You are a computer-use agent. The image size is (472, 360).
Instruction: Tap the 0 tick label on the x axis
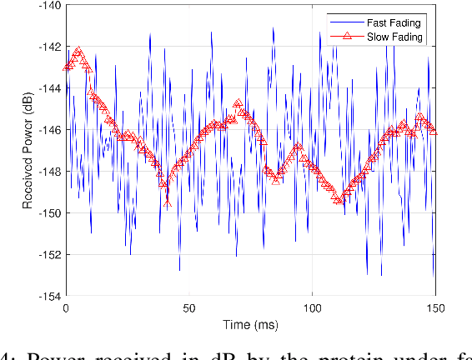(66, 307)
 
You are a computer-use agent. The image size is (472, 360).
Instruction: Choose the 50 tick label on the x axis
(188, 307)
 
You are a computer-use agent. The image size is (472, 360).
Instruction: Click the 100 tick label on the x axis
(312, 307)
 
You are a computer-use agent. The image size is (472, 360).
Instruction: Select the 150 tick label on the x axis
(434, 307)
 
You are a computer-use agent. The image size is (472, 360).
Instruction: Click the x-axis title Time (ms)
(250, 323)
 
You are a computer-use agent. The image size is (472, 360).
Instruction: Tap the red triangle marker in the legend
(337, 37)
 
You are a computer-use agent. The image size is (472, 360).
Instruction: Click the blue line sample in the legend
(337, 22)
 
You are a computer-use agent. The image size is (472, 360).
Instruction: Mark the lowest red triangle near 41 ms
(168, 202)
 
